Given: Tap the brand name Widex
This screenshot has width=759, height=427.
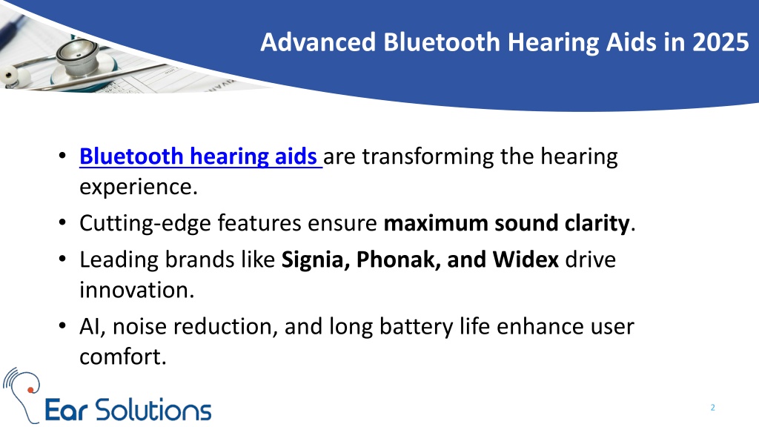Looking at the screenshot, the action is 526,260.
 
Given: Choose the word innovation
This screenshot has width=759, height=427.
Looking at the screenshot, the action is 136,290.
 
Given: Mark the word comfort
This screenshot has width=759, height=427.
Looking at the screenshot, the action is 123,357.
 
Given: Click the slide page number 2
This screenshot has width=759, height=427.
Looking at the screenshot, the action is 712,408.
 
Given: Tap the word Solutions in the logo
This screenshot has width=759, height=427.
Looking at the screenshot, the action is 153,410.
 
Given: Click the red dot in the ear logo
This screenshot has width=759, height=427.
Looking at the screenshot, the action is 30,390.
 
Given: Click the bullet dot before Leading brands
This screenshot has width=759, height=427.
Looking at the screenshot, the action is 62,259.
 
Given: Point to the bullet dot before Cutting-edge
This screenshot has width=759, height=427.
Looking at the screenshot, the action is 62,223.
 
